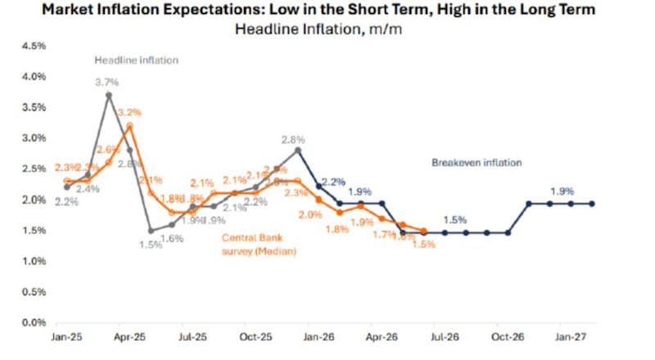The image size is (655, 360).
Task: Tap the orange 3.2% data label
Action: pos(131,111)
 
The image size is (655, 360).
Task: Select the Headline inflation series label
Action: pos(136,61)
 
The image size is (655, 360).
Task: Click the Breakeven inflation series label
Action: pos(476,163)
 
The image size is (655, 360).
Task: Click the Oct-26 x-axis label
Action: pos(507,336)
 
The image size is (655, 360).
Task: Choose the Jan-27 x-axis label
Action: pos(571,336)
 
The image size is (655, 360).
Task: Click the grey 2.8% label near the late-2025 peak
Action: pos(294,139)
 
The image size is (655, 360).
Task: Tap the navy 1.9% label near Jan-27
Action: pos(562,191)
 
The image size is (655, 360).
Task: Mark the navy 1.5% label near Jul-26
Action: pos(455,220)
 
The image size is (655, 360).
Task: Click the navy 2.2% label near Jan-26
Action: pos(333,181)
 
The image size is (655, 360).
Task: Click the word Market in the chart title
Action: pos(70,10)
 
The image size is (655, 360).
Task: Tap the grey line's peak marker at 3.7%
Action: pos(109,95)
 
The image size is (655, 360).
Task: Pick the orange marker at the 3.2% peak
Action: pos(129,126)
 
